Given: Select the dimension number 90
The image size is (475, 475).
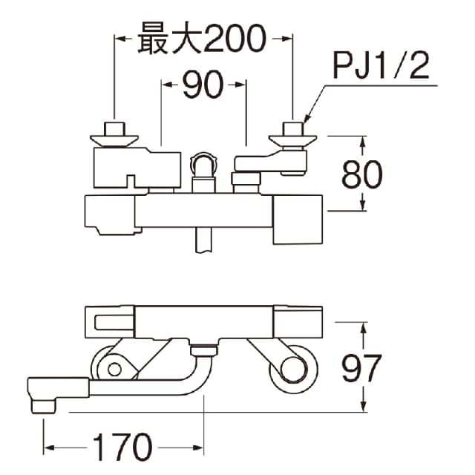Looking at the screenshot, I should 203,86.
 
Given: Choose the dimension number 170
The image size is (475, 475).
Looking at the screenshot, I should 122,448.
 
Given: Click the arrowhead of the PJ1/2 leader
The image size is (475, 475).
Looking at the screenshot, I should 306,119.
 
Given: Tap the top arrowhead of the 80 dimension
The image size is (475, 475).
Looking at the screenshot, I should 363,140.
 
